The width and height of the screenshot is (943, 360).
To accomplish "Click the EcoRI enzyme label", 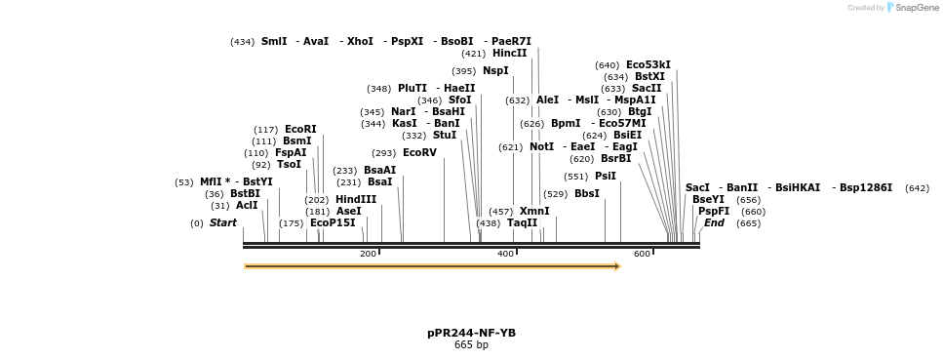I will (300, 130).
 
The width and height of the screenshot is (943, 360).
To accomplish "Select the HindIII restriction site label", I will (355, 199).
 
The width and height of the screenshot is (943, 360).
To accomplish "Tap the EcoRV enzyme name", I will (419, 152).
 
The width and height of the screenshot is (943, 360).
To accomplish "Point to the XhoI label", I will (360, 41).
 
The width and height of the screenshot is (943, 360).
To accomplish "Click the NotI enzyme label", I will (541, 146).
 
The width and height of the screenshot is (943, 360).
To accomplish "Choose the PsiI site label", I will (605, 177).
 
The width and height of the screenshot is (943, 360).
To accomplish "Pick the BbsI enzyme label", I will (587, 193).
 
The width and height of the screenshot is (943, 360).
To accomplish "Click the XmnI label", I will (534, 211).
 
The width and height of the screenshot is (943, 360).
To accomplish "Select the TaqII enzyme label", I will (522, 222).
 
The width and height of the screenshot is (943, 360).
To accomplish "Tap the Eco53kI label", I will (648, 65).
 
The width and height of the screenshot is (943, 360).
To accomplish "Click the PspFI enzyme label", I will (713, 211).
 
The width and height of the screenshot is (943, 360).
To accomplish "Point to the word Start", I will (222, 222).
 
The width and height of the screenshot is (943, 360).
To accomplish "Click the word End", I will (714, 222).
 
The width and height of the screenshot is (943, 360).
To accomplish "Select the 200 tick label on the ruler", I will (368, 254).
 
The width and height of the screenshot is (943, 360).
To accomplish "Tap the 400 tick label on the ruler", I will (505, 254).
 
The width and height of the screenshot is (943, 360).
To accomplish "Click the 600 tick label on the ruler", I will (642, 254).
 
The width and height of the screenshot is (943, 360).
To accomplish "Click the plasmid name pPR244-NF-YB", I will (471, 333).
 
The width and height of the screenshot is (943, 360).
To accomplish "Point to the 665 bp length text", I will (471, 344).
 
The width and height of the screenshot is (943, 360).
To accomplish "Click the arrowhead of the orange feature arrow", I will (616, 265).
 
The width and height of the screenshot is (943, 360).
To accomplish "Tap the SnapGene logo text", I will (911, 8).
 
